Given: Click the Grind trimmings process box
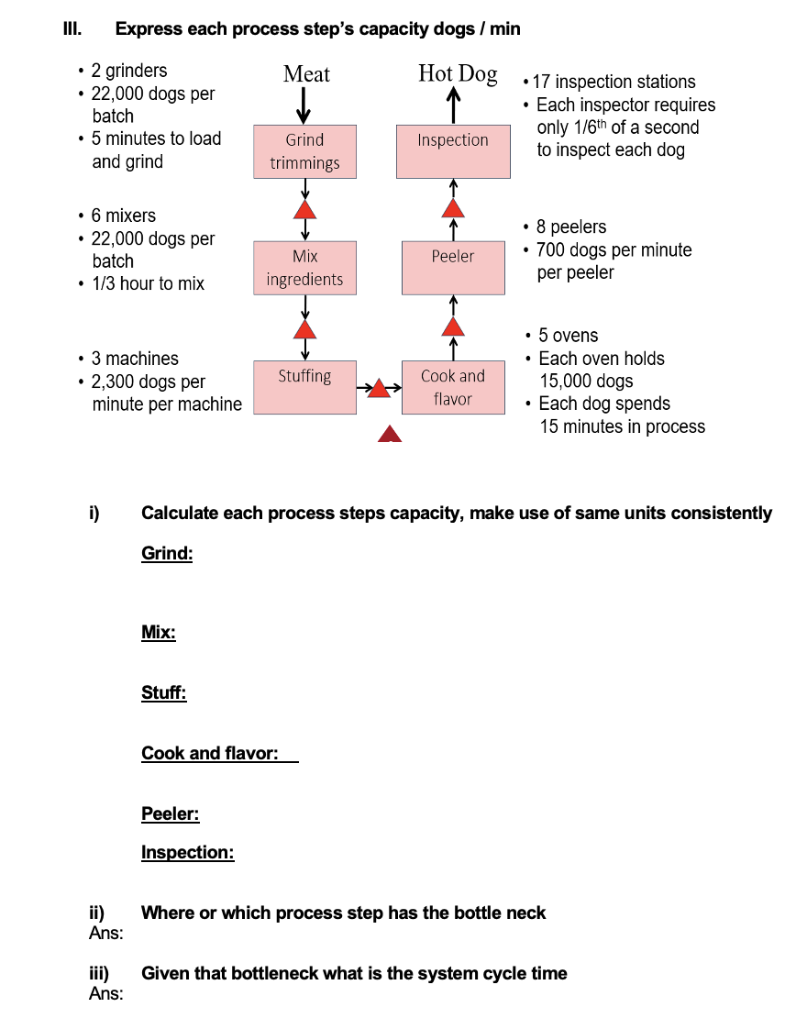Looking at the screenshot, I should (304, 151).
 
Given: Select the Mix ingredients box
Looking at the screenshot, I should (304, 268).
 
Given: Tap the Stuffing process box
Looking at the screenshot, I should (304, 387).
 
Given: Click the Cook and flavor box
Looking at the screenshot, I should (453, 387).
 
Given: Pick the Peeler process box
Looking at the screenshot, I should (453, 268).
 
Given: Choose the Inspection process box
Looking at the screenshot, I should (453, 151).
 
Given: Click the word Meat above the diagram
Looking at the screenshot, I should (306, 74).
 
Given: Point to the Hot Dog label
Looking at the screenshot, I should (458, 73).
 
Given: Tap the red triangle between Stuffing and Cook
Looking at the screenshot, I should (380, 389).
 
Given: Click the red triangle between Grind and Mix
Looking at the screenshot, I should (304, 210).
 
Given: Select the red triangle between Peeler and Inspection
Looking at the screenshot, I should (453, 209).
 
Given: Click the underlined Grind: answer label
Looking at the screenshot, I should (167, 554).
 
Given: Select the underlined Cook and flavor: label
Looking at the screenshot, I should (210, 753).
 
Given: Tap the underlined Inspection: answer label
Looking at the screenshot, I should (187, 853).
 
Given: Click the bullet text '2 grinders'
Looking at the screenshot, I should (128, 71).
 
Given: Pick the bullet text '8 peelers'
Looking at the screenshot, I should (570, 227).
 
